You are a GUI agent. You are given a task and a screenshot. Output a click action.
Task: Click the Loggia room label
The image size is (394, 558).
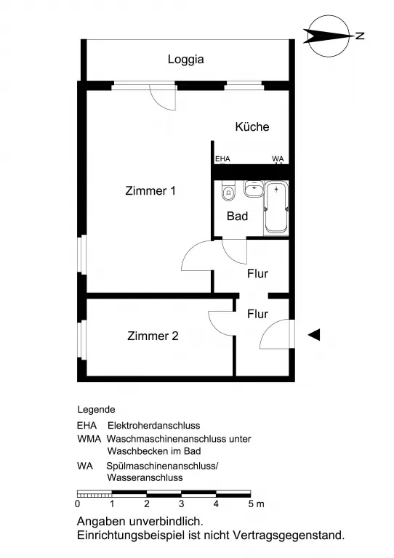186,59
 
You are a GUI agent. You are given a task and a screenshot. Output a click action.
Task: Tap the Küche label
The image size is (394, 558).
252,126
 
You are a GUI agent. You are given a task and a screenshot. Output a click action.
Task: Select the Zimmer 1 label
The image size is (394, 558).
150,191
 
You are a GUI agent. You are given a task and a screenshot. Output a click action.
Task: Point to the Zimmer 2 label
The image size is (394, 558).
153,336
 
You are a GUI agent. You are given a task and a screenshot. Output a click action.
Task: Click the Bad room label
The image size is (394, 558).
238,216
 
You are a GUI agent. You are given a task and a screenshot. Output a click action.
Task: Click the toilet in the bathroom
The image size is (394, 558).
228,191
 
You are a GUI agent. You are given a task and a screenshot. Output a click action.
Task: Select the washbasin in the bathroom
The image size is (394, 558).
254,189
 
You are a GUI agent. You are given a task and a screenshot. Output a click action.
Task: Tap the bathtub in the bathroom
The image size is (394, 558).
276,209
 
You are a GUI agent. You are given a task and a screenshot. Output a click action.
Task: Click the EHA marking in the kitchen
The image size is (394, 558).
222,159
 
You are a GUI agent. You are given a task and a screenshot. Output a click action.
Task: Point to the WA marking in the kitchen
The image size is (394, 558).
278,158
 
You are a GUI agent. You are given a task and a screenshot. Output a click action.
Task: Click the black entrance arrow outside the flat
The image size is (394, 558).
314,334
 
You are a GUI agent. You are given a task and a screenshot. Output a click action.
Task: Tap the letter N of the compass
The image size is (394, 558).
360,36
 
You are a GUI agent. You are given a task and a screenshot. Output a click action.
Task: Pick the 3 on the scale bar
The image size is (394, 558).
182,504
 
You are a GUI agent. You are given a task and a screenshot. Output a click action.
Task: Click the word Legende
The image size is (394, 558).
96,410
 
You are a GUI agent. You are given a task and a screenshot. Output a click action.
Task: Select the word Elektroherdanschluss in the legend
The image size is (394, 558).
154,425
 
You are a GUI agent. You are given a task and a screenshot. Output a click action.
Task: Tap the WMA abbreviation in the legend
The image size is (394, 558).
89,439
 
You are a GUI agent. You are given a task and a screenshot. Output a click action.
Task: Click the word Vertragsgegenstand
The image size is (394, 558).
289,535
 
